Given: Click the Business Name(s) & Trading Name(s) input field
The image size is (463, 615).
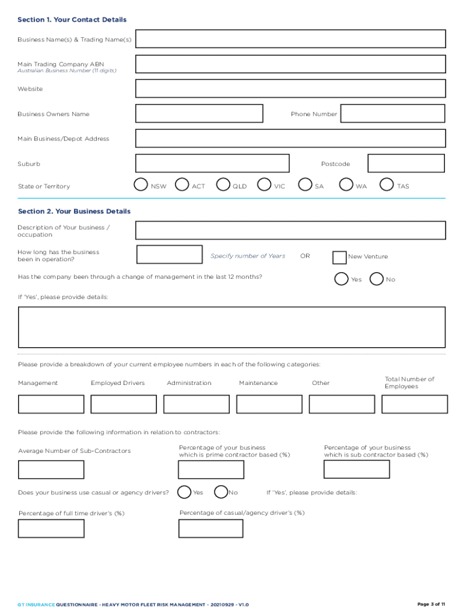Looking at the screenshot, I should pos(290,39).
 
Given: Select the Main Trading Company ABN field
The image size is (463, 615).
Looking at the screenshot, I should pos(290,64).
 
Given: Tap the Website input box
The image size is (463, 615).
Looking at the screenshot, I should pos(290,89).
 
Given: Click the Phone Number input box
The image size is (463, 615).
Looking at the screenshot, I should pos(393,114).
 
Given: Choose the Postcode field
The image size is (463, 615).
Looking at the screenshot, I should pos(406,163).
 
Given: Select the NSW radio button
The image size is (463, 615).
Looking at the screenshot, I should pos(141,184).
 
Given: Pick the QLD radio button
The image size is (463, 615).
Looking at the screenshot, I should pos(223,184).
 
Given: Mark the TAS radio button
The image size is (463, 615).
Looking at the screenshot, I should pos(387,184).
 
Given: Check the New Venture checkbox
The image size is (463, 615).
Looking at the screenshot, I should pos(339,257).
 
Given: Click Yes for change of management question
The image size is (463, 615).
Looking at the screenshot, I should pos(341,279).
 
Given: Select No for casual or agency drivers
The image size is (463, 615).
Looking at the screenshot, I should pos(221,492).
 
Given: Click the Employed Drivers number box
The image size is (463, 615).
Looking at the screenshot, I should pos(124,404).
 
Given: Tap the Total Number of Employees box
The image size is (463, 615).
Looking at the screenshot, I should pos(414,404).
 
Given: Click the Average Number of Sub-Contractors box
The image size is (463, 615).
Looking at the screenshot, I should pos(51,470).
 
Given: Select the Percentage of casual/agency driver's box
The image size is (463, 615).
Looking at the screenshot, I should pos(211,529).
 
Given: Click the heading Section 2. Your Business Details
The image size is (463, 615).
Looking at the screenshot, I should pos(74,211).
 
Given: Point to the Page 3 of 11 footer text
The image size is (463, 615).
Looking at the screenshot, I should pos(431,604).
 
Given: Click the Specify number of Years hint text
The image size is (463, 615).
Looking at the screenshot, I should pos(248,256).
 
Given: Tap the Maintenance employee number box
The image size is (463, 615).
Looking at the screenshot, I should pos(269,404).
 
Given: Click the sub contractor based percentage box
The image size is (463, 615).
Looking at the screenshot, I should pos(357,469).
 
